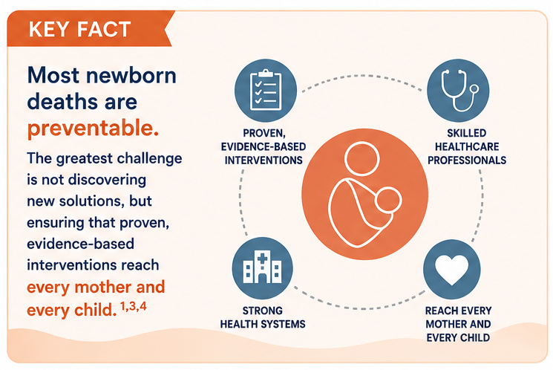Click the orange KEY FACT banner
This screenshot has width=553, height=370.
[x=90, y=29]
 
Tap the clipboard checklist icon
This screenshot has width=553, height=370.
[x=266, y=90]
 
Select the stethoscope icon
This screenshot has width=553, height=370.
[x=459, y=91]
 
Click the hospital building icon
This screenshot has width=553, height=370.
[x=262, y=267]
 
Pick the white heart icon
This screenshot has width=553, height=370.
[x=452, y=270]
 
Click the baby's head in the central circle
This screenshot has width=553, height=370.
[x=388, y=201]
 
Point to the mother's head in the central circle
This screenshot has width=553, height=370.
[x=361, y=158]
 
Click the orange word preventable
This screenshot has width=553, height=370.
[x=93, y=128]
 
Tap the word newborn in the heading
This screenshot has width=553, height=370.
[x=131, y=76]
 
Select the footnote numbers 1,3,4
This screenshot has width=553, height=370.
[x=134, y=306]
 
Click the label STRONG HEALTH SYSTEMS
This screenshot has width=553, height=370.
[x=263, y=317]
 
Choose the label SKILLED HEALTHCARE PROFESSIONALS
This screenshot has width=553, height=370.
[x=467, y=146]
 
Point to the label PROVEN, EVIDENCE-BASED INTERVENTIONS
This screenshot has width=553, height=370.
[x=264, y=146]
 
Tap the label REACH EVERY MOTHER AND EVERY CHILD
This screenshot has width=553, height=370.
[x=458, y=324]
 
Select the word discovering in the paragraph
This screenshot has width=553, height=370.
[x=112, y=180]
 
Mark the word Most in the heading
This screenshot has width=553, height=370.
[x=53, y=76]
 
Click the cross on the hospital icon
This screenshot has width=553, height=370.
[x=262, y=259]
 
